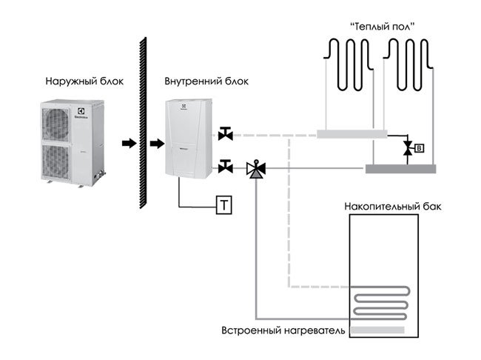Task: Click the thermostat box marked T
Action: (223, 204)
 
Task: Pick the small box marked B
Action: (420, 148)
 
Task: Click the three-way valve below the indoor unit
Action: (255, 169)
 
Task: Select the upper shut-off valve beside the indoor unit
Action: (226, 134)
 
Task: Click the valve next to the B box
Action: (406, 149)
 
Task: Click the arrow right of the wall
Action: (156, 142)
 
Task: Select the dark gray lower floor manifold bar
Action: (400, 169)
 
